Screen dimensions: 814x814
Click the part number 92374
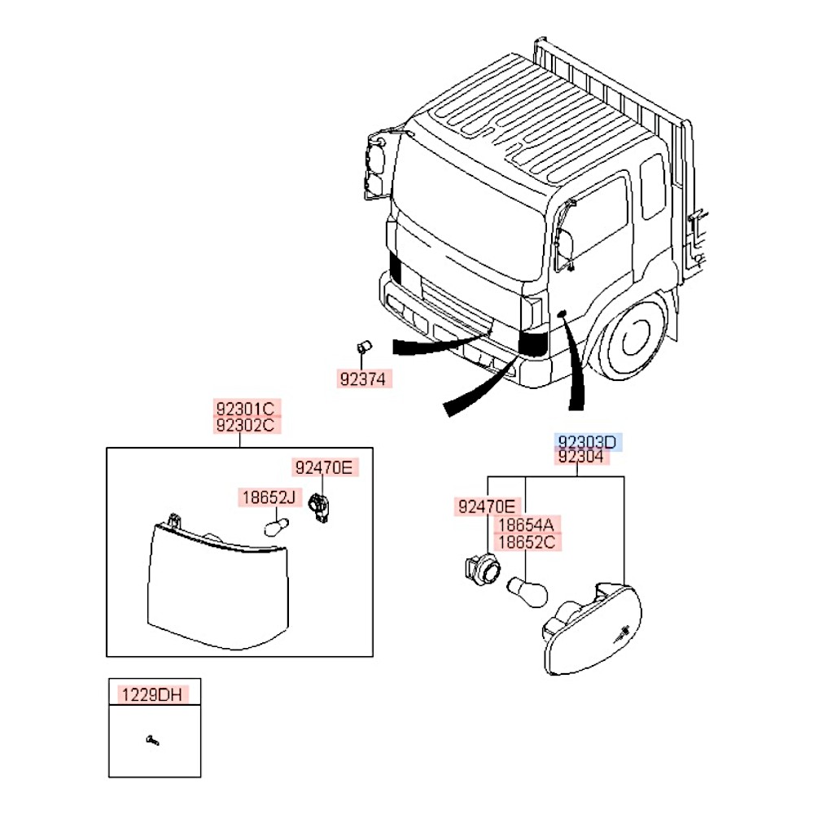pyautogui.click(x=363, y=379)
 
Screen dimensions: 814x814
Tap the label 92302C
pyautogui.click(x=245, y=425)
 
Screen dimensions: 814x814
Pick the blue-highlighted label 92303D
pyautogui.click(x=587, y=442)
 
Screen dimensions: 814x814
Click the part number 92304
pyautogui.click(x=581, y=457)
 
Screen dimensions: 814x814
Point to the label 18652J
pyautogui.click(x=269, y=497)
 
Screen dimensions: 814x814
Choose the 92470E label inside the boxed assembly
pyautogui.click(x=324, y=467)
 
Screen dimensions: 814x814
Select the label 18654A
pyautogui.click(x=527, y=524)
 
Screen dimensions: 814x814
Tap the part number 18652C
pyautogui.click(x=527, y=542)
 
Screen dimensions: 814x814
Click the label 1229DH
pyautogui.click(x=152, y=694)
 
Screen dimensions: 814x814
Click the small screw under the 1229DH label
pyautogui.click(x=153, y=740)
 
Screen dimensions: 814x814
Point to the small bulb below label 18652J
pyautogui.click(x=276, y=527)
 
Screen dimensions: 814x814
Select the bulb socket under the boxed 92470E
pyautogui.click(x=319, y=508)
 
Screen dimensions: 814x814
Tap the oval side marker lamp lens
pyautogui.click(x=593, y=628)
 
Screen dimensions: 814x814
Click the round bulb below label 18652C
pyautogui.click(x=527, y=592)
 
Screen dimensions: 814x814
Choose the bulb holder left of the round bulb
pyautogui.click(x=482, y=570)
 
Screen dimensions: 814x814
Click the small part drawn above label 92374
pyautogui.click(x=364, y=346)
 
